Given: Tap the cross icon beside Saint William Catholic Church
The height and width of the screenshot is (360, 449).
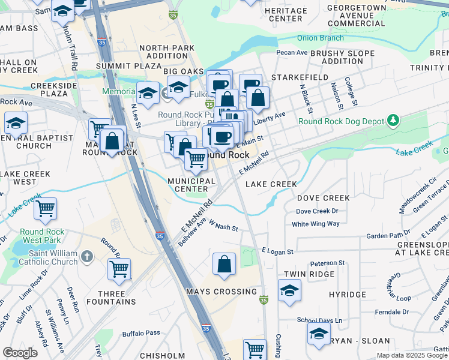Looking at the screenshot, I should [88, 257].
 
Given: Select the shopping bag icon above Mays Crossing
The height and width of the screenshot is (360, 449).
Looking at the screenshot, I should [224, 263].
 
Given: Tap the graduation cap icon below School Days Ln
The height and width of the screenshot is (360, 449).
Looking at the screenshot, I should [319, 334].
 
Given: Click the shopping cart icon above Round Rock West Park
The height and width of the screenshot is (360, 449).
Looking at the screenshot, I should [46, 209].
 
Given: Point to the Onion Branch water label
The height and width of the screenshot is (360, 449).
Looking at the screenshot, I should [321, 38].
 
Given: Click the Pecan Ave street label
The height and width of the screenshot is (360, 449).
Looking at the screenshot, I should [292, 53].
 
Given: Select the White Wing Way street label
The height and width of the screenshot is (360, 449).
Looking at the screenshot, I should [315, 224].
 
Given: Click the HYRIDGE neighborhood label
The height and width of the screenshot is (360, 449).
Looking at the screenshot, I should [348, 295].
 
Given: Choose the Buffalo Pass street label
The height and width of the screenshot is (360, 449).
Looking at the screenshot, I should [141, 332].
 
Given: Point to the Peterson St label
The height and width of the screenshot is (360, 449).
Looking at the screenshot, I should [327, 263].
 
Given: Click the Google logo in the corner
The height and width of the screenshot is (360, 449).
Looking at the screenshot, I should [20, 352].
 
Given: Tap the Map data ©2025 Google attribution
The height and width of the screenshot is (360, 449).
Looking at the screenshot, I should [412, 355].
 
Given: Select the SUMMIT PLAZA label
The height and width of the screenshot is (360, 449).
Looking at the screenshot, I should [127, 64].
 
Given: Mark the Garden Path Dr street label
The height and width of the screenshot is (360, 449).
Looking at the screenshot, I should [387, 236].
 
